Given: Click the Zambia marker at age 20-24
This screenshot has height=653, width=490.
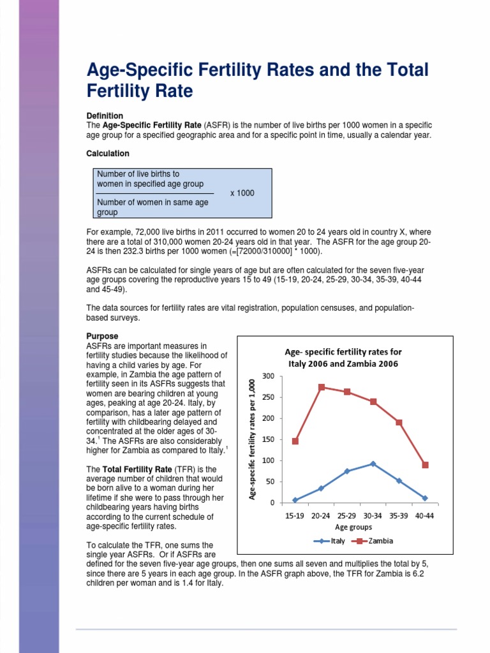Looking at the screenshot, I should (322, 387).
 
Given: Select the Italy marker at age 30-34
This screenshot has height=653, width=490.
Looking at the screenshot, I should (373, 464).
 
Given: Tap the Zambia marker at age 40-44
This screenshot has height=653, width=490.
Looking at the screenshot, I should (425, 465).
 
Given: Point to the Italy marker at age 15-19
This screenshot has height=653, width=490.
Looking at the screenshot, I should (295, 500).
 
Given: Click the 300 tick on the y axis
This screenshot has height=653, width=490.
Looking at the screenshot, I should (268, 376).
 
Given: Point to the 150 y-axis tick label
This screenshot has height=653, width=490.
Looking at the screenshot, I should (268, 439).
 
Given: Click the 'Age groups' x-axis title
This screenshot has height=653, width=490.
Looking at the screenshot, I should (353, 527).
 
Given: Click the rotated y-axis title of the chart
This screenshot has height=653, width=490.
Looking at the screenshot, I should (253, 439).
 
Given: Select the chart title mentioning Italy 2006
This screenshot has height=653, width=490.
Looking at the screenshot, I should (343, 358).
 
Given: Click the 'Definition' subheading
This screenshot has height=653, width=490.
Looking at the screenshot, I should (105, 115).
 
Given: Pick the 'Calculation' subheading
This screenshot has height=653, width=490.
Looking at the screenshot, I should (108, 154).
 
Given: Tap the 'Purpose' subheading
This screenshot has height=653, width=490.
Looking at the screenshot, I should (102, 336).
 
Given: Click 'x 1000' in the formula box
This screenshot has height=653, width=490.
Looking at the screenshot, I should (242, 193).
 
